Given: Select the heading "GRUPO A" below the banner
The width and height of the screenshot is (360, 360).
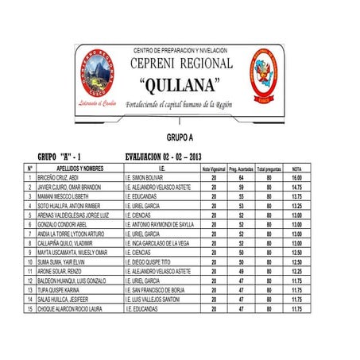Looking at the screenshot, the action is pos(180,137).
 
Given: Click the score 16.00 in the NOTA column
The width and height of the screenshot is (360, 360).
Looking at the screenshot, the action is pos(296,178).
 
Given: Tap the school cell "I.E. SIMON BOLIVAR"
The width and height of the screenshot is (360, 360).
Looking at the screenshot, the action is pos(149,178).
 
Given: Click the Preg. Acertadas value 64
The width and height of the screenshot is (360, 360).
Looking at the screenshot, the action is pos(240,178).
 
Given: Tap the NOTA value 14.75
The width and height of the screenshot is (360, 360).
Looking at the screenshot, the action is pos(296,188).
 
